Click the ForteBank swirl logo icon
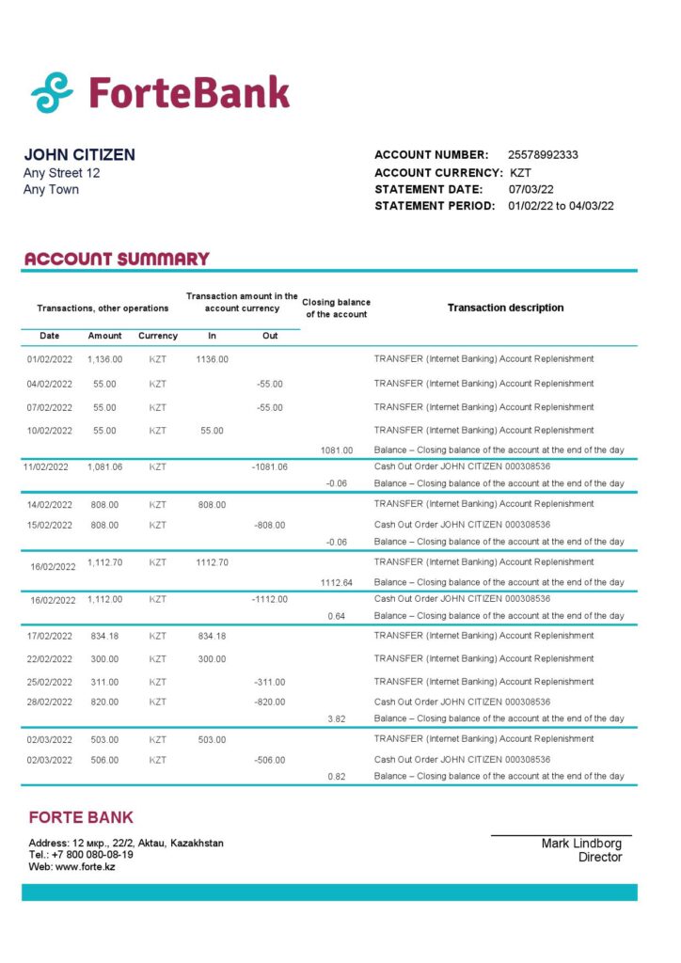click(x=53, y=92)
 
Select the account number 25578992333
click(x=543, y=154)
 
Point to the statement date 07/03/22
click(x=531, y=189)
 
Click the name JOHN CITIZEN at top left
click(x=79, y=155)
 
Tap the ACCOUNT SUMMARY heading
click(x=117, y=259)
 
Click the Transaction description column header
click(x=505, y=308)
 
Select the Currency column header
click(x=158, y=336)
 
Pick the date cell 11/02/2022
click(x=47, y=466)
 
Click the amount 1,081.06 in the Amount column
click(x=104, y=466)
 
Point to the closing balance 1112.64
click(x=336, y=583)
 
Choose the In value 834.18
click(x=212, y=636)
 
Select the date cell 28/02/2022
click(x=49, y=702)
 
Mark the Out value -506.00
click(x=270, y=760)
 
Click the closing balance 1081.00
click(x=336, y=450)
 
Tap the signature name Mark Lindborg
click(x=581, y=844)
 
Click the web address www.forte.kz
click(x=84, y=866)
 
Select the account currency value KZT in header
click(x=520, y=172)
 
